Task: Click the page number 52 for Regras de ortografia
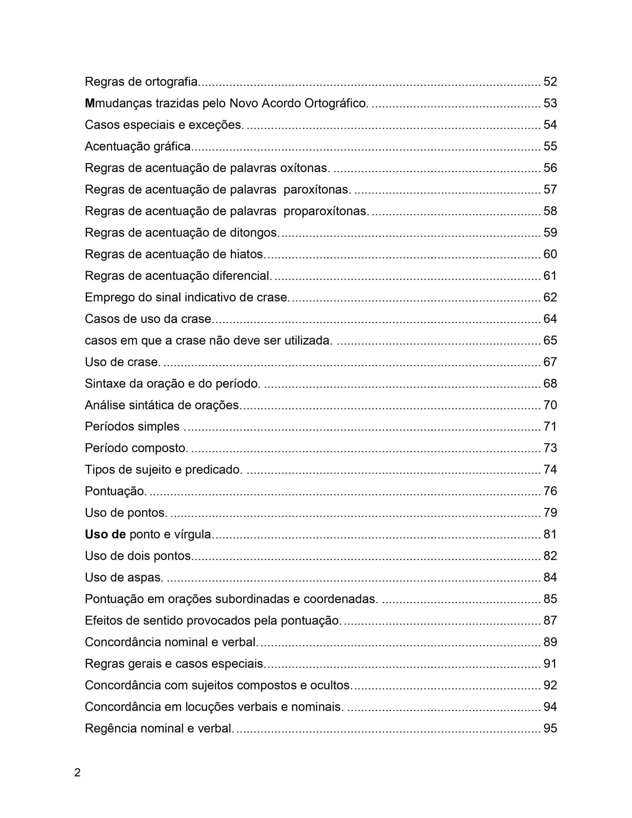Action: pos(550,81)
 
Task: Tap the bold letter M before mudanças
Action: pos(90,103)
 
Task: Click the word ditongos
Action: pos(254,233)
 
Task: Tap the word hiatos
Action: pos(247,254)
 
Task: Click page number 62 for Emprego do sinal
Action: pos(550,297)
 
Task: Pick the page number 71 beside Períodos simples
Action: pos(550,426)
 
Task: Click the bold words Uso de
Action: pos(105,534)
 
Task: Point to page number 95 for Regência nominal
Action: pos(550,728)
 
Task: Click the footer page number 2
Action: pos(77,773)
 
